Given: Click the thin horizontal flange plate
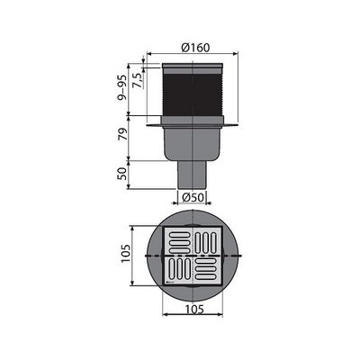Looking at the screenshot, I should coord(193,124).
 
